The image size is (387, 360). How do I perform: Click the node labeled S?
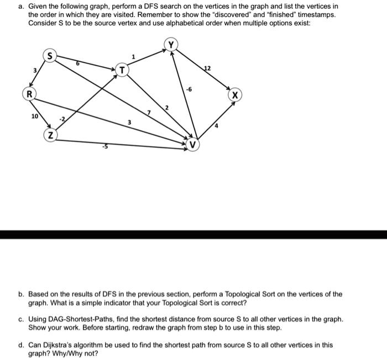50,56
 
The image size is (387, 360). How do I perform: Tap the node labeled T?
122,70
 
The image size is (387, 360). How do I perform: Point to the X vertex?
235,95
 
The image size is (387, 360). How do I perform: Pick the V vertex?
192,145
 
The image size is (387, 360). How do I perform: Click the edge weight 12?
207,68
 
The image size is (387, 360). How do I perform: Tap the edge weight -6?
189,89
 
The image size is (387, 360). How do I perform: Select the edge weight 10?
35,117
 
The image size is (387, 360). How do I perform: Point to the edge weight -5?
103,146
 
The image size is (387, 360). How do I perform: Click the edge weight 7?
148,113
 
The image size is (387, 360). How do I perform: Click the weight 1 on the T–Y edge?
133,56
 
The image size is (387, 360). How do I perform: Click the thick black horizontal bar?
193,235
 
